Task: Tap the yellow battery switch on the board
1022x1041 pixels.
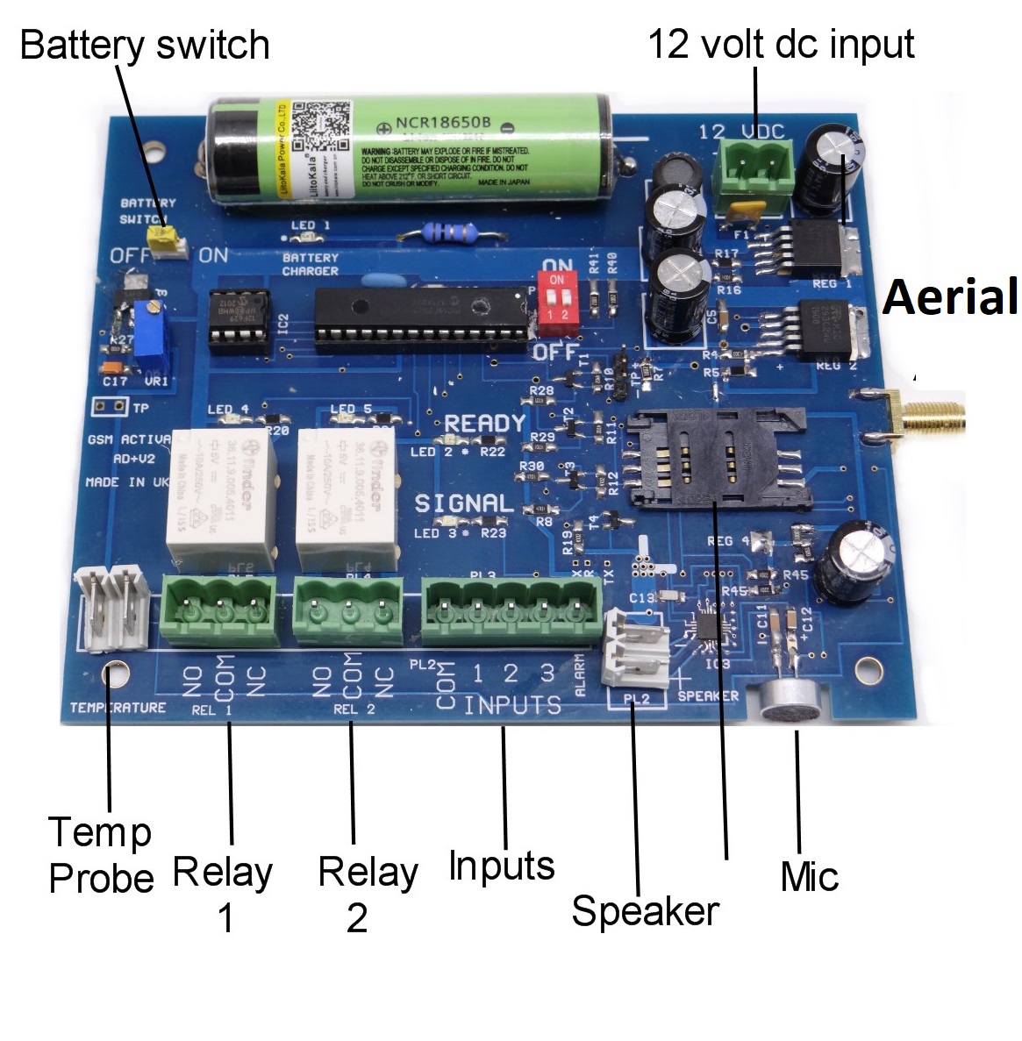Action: pyautogui.click(x=161, y=239)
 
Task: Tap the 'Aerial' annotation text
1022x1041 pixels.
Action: pyautogui.click(x=951, y=296)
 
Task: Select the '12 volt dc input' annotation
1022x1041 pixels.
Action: pyautogui.click(x=781, y=44)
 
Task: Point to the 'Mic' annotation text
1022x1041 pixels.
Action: pyautogui.click(x=809, y=876)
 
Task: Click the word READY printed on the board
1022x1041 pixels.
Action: pyautogui.click(x=484, y=424)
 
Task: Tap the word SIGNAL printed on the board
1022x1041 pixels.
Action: pyautogui.click(x=463, y=503)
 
